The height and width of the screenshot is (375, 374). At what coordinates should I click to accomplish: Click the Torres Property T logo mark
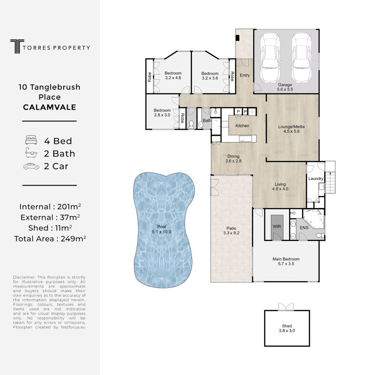point(17,46)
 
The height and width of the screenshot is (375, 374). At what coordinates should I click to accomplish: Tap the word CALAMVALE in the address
point(49,107)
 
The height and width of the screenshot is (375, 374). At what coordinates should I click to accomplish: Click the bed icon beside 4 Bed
point(31,140)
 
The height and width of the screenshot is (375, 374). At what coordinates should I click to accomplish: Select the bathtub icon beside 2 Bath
point(31,153)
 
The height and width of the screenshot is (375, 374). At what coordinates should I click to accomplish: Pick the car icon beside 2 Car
point(31,166)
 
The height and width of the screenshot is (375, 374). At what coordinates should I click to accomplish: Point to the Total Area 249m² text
point(50,239)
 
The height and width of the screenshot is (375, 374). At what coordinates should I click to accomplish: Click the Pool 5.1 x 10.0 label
point(162,229)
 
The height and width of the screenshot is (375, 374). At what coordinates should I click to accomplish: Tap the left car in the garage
point(270,58)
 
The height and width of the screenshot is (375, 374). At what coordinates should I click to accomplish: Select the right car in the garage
point(301,58)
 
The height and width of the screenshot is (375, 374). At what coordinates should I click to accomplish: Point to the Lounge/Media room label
point(291,129)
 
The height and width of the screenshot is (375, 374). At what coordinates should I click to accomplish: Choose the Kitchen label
point(242,126)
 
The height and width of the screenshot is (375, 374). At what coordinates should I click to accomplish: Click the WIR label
point(276,226)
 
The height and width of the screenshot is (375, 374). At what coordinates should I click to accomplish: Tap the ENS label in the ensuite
point(304,228)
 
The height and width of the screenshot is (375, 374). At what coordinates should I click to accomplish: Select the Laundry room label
point(315,179)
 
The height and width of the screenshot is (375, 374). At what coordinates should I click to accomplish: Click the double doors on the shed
point(286,307)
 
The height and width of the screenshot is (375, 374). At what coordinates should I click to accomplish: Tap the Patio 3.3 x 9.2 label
point(231,231)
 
